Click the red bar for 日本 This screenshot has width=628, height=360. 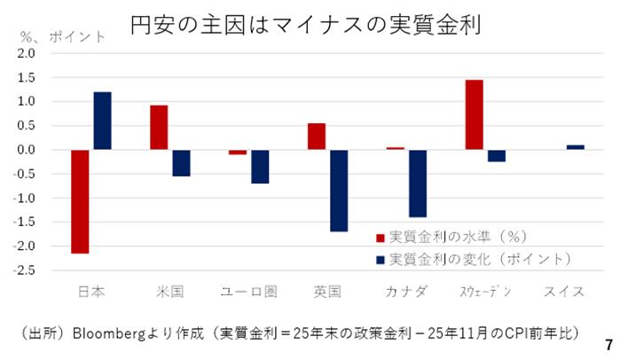click(80, 201)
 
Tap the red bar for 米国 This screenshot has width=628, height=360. click(159, 128)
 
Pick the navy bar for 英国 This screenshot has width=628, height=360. click(339, 191)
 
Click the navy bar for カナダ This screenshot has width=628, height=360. click(418, 184)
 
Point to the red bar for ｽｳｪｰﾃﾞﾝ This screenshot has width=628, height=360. click(474, 114)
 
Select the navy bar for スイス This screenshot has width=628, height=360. click(575, 147)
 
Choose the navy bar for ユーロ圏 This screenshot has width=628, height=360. click(260, 167)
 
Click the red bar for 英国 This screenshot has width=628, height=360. click(316, 137)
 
